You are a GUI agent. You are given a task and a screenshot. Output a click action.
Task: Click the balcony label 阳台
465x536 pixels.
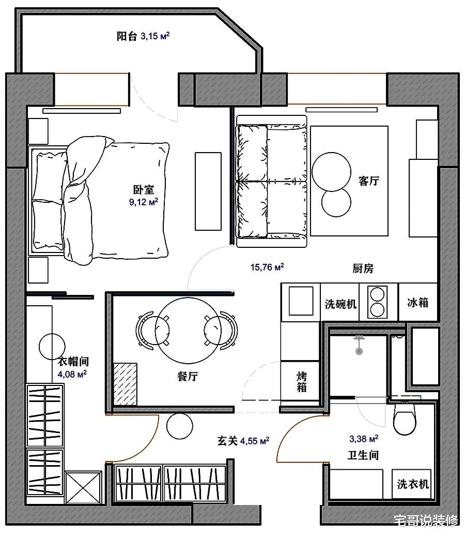127,36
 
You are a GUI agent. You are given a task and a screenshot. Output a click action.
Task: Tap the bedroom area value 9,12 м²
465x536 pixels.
144,202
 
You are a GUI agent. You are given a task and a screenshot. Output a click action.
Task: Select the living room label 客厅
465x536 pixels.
369,181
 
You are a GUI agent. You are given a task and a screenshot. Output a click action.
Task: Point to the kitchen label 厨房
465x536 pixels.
363,269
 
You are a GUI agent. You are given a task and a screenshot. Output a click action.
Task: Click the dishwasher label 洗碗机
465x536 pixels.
340,304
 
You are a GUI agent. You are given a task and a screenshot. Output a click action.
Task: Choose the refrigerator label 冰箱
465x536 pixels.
417,303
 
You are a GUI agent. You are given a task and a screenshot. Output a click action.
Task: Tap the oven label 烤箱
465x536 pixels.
301,382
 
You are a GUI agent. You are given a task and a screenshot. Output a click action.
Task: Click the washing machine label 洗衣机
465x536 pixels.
413,484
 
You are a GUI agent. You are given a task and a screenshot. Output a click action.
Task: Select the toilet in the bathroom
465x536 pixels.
405,418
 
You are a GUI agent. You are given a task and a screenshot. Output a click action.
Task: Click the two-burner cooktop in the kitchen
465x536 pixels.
377,302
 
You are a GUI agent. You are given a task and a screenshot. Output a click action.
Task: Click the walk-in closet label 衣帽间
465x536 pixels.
73,361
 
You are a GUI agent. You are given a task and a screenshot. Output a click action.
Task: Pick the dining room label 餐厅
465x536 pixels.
188,376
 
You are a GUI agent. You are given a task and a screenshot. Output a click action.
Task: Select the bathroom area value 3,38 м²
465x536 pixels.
364,439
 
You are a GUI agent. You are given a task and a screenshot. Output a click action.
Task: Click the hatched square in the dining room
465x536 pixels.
126,384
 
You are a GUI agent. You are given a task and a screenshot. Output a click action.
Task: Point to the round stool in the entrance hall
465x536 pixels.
180,426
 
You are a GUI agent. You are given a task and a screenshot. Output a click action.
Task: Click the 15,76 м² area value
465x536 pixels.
267,267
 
